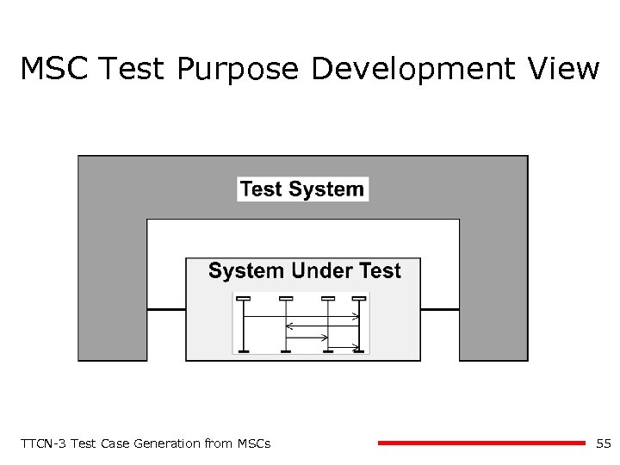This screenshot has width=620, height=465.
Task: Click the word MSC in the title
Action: (x=53, y=68)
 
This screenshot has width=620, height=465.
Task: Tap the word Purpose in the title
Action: (x=238, y=70)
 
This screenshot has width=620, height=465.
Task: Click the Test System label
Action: (x=302, y=189)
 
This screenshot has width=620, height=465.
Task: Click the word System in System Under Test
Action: (x=245, y=271)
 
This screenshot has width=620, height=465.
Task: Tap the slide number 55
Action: (x=603, y=443)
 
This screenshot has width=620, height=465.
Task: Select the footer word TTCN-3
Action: (x=42, y=443)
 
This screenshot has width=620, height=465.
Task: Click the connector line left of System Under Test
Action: (x=166, y=308)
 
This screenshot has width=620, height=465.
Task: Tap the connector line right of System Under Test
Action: (x=440, y=308)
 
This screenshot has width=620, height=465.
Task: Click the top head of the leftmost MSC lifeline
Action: (x=244, y=299)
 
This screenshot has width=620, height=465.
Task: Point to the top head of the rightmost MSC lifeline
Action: (x=359, y=299)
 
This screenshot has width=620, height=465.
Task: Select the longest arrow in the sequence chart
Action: (x=301, y=317)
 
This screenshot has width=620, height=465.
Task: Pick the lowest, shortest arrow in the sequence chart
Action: (x=344, y=347)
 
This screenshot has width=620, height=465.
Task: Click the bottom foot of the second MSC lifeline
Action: (x=286, y=350)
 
